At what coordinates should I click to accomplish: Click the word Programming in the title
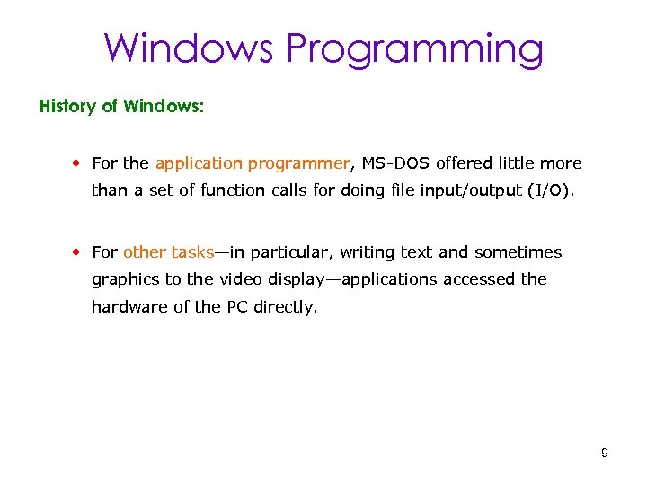[x=414, y=48]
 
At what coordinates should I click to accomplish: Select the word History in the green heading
[x=67, y=106]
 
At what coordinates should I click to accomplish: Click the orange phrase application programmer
[x=252, y=163]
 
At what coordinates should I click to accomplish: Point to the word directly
[x=286, y=306]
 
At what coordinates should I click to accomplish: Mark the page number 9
[x=605, y=453]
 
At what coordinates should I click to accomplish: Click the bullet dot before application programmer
[x=80, y=163]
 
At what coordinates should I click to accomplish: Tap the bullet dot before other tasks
[x=80, y=252]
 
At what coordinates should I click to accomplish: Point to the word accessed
[x=471, y=279]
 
